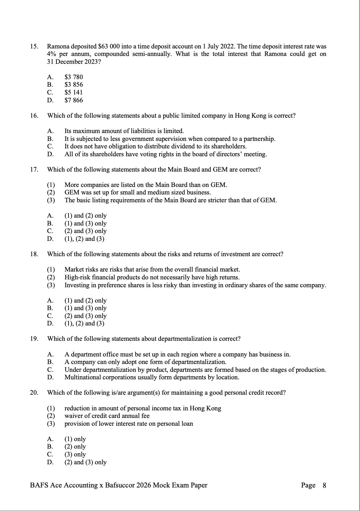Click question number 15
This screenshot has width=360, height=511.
pos(34,46)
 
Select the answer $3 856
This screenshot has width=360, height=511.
pos(74,85)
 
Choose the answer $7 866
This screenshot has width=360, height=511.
pos(74,100)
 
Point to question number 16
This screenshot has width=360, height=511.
pos(34,116)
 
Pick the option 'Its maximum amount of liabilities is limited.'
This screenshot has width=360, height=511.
pos(124,131)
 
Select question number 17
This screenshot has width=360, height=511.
pos(34,170)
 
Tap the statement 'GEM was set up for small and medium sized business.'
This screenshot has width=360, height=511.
pos(138,192)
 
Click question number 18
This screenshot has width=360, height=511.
pos(34,254)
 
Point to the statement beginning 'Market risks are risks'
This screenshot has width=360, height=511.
pos(152,269)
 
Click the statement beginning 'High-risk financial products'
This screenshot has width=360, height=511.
pos(152,277)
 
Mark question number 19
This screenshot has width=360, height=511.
pos(34,339)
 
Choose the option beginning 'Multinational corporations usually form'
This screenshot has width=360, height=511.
pos(152,377)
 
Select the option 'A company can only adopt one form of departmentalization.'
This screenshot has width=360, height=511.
pos(145,362)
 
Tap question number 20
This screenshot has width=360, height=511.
pos(34,393)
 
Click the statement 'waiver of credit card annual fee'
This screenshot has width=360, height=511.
pos(107,416)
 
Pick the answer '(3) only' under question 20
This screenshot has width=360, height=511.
pos(75,454)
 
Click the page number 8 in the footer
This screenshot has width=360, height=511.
pos(324,485)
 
